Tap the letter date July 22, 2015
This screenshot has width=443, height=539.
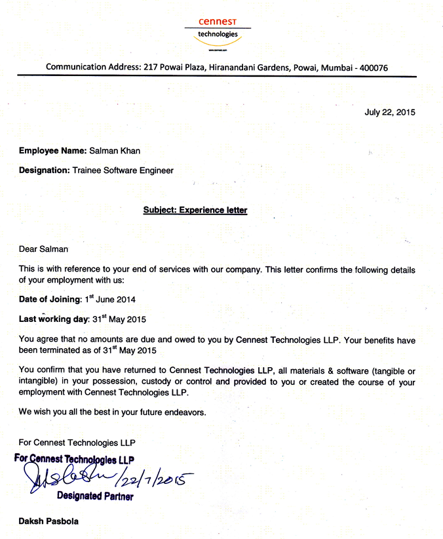pyautogui.click(x=389, y=112)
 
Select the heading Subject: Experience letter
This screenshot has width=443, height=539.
pyautogui.click(x=195, y=210)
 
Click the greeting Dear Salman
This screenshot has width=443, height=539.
pyautogui.click(x=43, y=249)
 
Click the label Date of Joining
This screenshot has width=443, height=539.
pyautogui.click(x=49, y=299)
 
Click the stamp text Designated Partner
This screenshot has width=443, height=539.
pyautogui.click(x=95, y=496)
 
